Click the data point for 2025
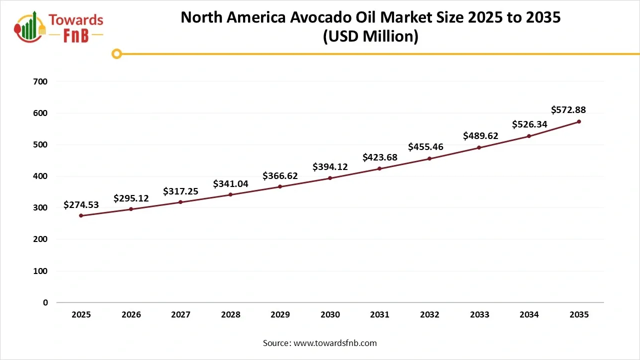tap(81, 215)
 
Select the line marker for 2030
tap(330, 178)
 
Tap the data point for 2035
tap(579, 121)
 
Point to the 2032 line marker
tap(429, 158)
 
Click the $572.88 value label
tap(568, 110)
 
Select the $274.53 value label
tap(81, 204)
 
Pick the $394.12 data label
tap(330, 167)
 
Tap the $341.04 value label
tap(230, 183)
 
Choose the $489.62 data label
tap(480, 135)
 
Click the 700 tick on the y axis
tap(42, 81)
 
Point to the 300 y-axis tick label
tap(42, 207)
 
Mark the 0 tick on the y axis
tap(45, 302)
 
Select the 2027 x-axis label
tap(180, 315)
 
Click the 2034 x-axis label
tap(529, 315)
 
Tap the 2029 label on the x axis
tap(280, 315)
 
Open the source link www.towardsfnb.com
tap(335, 343)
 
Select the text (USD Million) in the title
tap(370, 36)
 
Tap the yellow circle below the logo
tap(116, 53)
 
